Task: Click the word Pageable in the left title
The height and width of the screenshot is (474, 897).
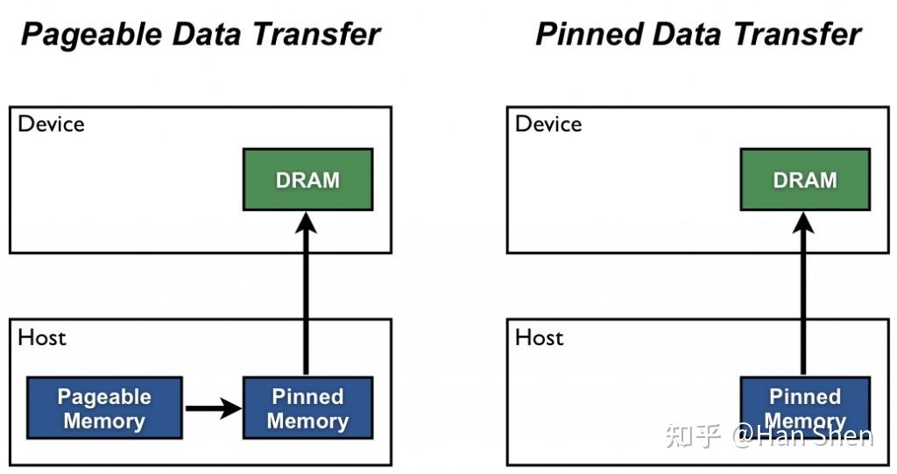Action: coord(83,34)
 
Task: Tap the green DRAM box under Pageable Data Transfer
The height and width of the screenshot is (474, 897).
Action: coord(307,180)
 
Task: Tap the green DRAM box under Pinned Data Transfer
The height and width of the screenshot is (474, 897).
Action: coord(805,180)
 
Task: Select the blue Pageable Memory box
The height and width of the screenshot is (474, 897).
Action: coord(104,408)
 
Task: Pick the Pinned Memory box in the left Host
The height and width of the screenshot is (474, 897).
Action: coord(307,408)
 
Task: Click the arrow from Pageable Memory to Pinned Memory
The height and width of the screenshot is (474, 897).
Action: coord(212,407)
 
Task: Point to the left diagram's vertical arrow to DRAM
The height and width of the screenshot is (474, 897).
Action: coord(306,298)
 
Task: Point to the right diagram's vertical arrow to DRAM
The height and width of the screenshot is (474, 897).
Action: coord(803,298)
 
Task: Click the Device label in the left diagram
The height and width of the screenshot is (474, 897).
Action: coord(52,124)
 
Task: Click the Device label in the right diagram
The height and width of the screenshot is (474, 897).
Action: coord(548,124)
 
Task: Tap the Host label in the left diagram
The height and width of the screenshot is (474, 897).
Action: coord(42,337)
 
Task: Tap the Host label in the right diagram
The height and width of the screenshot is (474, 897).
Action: coord(539,337)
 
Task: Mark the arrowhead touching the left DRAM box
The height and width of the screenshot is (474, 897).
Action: coord(306,223)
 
